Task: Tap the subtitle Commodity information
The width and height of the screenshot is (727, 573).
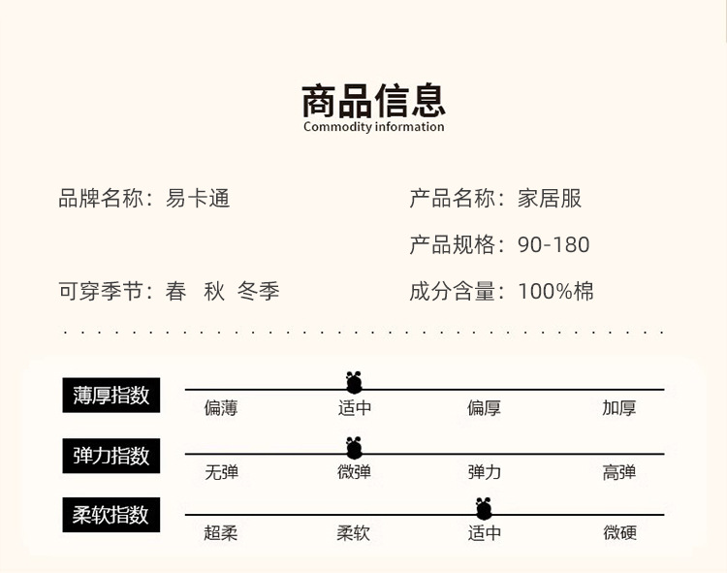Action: pyautogui.click(x=373, y=127)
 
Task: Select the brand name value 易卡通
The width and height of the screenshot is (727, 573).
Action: pyautogui.click(x=198, y=199)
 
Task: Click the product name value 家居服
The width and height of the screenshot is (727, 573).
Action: pyautogui.click(x=550, y=199)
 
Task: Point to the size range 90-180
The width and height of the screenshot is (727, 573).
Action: pyautogui.click(x=553, y=244)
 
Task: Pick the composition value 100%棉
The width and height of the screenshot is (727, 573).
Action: pyautogui.click(x=555, y=291)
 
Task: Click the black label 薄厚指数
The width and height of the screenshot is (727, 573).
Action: pyautogui.click(x=111, y=396)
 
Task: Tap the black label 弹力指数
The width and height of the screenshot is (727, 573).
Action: pyautogui.click(x=111, y=455)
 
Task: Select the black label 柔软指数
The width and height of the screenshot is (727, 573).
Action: pyautogui.click(x=111, y=515)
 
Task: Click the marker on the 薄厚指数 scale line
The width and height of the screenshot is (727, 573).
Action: pyautogui.click(x=354, y=383)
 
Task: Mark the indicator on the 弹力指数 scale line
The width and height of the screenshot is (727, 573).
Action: pyautogui.click(x=354, y=448)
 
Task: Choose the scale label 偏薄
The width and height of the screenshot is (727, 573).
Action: pyautogui.click(x=221, y=408)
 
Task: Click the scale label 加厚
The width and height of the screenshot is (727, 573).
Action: pyautogui.click(x=619, y=408)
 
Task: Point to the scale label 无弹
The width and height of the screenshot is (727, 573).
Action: pyautogui.click(x=221, y=473)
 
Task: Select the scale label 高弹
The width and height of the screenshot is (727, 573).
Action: pyautogui.click(x=619, y=473)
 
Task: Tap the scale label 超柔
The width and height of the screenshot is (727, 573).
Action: pyautogui.click(x=221, y=533)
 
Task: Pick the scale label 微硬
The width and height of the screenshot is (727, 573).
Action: pyautogui.click(x=619, y=533)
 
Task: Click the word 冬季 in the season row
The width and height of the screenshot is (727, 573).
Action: pyautogui.click(x=259, y=291)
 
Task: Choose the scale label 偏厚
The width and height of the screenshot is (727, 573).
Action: pyautogui.click(x=484, y=408)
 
